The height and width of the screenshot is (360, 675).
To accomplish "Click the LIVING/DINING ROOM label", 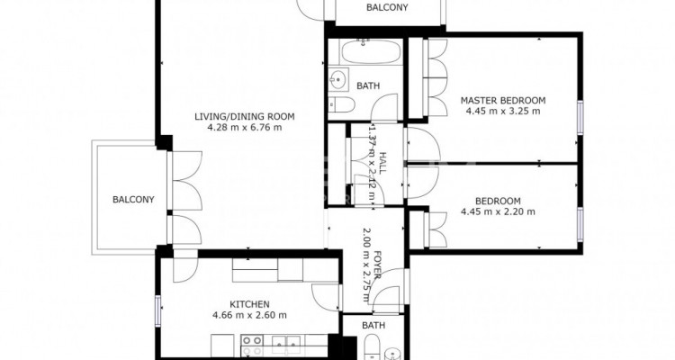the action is (245, 116).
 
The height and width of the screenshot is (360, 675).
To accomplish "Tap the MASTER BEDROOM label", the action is (503, 100).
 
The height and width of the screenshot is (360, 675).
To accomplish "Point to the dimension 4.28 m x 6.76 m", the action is (245, 128).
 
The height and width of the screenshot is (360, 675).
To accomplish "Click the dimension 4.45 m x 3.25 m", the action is (503, 111).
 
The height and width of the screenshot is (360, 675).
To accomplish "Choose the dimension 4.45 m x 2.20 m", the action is (498, 211).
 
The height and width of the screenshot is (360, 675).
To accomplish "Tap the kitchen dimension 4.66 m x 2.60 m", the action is (249, 315).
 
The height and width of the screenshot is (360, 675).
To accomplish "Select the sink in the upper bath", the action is (337, 79).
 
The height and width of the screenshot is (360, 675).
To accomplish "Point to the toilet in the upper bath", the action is (342, 104).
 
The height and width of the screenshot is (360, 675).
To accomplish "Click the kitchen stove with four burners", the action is (251, 346).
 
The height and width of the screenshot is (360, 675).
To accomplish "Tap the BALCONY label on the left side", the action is (133, 200).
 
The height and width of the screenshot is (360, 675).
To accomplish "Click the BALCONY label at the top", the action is (387, 8).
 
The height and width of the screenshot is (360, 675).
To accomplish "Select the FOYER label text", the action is (378, 265).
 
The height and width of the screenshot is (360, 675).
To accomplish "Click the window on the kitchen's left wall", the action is (158, 310).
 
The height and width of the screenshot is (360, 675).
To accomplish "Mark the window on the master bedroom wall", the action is (580, 117).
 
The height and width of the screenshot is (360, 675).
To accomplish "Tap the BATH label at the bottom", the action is (373, 325).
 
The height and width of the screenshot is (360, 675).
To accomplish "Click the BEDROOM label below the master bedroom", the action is (498, 201).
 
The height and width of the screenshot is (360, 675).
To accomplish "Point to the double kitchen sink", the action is (288, 346).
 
